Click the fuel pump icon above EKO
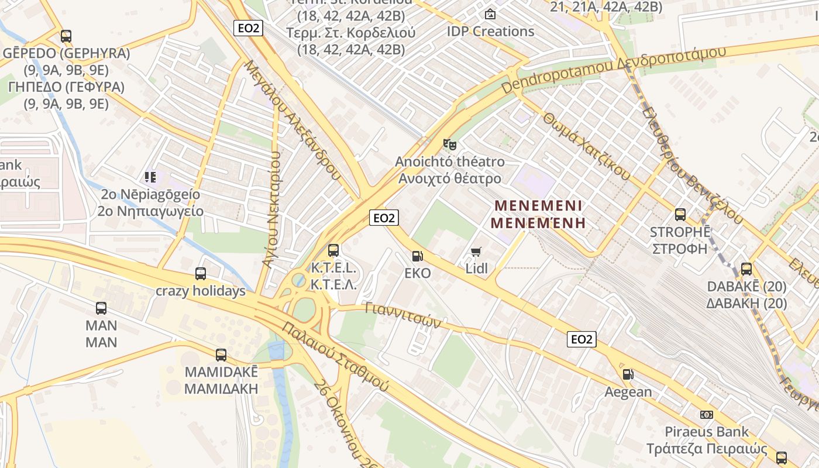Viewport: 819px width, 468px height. [x=417, y=256]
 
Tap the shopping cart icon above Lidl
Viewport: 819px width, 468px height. [x=476, y=252]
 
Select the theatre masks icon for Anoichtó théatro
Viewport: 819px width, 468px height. [x=449, y=143]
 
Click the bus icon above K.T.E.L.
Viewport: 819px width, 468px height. [x=333, y=250]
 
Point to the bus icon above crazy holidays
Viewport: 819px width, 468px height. [x=201, y=273]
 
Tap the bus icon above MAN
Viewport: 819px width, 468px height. [x=101, y=308]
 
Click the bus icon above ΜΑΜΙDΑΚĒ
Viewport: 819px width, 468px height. [x=221, y=355]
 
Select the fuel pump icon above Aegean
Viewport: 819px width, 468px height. [x=628, y=374]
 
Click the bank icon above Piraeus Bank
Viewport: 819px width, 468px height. [x=707, y=414]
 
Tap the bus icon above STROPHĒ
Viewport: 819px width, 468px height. [x=680, y=214]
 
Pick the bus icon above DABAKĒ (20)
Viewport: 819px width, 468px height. [x=746, y=269]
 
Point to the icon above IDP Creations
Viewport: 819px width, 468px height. [x=490, y=13]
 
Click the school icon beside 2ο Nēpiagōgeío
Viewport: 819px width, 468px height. [x=150, y=176]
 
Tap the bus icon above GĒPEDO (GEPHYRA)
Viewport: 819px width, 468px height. [x=66, y=36]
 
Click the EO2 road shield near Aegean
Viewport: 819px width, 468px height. [x=581, y=339]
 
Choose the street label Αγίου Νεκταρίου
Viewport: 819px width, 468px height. [x=272, y=209]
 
